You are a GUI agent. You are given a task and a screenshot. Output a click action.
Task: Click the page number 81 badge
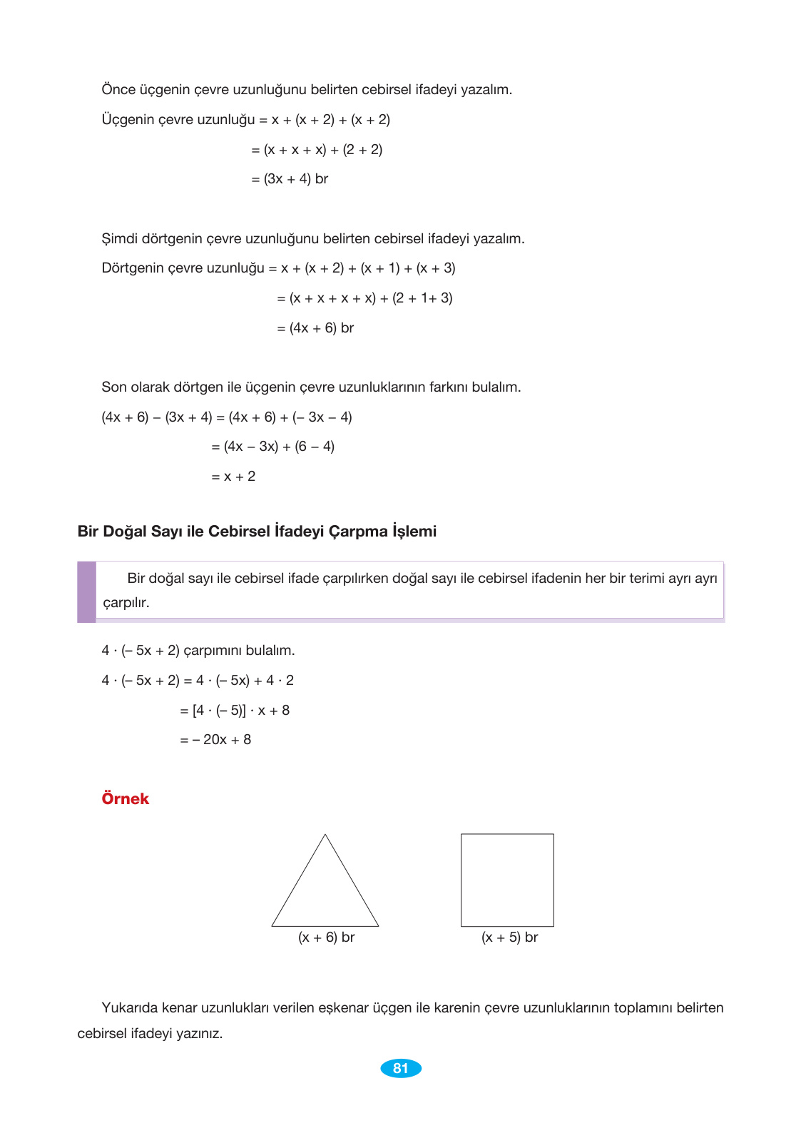tap(401, 1068)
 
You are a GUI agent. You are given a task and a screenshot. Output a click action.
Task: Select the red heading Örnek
tap(126, 798)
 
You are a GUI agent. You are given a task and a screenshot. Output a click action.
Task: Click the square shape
tap(507, 880)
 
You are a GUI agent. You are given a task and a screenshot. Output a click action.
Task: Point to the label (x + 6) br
tap(326, 938)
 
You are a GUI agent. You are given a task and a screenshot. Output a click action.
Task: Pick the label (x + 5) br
tap(509, 938)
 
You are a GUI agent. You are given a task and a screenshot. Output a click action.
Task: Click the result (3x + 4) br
tap(296, 179)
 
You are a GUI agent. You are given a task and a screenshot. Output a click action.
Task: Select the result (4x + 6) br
tap(322, 328)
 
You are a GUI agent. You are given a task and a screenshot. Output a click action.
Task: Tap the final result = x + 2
tap(233, 477)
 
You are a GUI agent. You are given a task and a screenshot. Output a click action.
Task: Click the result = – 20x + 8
tap(216, 740)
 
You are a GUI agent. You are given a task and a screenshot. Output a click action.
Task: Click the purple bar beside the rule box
tap(86, 591)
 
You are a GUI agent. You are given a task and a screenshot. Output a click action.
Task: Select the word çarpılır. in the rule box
tap(126, 603)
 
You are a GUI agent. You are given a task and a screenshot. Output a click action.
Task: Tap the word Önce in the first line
tap(118, 90)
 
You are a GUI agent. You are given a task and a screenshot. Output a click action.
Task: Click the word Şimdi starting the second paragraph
tap(120, 239)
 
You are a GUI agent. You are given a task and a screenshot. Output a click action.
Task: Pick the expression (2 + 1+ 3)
tap(422, 298)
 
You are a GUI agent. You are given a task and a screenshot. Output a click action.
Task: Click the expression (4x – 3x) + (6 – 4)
tap(279, 447)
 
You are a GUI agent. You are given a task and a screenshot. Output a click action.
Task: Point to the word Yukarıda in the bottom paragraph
tap(129, 1008)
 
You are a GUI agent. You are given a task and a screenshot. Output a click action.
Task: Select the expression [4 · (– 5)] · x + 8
tap(241, 711)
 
